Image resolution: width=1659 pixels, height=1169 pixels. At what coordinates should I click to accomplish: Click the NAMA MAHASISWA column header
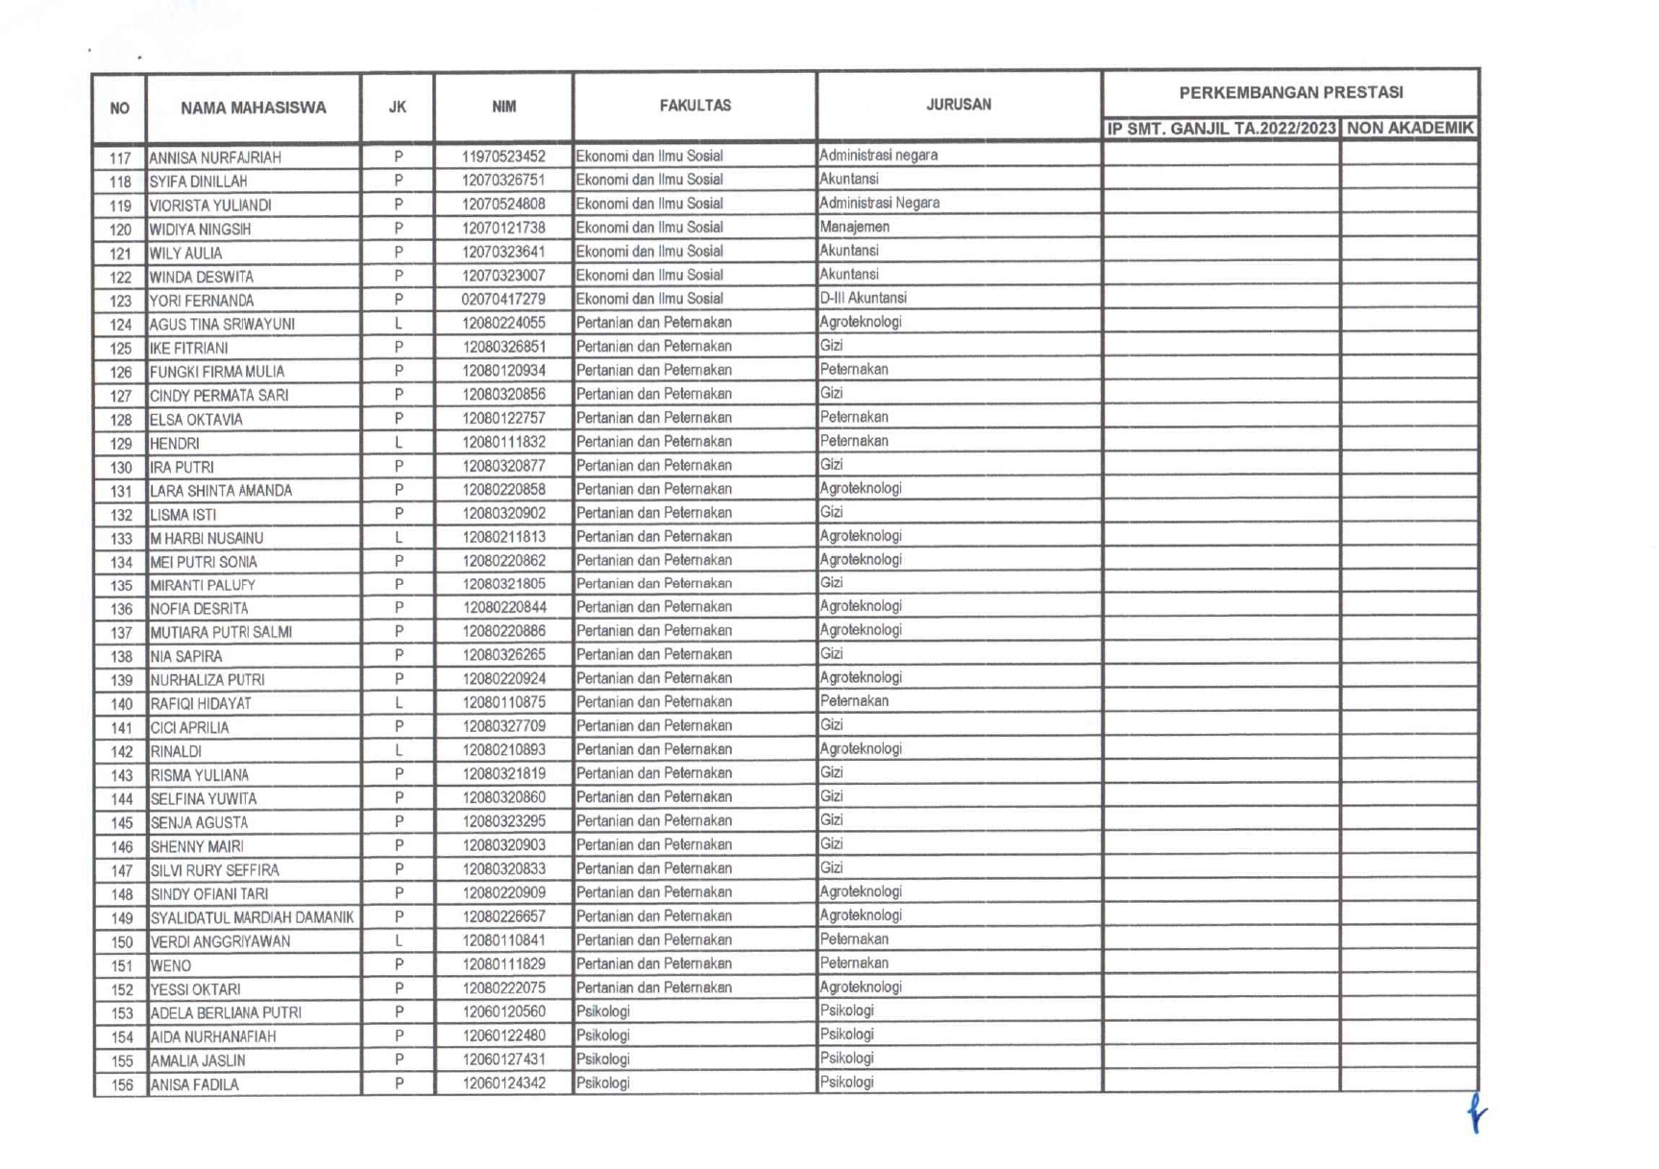[253, 108]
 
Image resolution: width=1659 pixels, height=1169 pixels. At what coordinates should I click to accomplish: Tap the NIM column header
[503, 107]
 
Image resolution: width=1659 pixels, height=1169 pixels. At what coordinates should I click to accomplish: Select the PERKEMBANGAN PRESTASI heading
[1290, 92]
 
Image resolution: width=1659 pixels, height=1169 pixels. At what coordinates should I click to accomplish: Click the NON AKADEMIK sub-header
[1409, 128]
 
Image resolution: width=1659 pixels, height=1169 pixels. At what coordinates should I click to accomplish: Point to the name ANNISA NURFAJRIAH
[214, 158]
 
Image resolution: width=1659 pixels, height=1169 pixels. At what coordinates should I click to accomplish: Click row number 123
[120, 301]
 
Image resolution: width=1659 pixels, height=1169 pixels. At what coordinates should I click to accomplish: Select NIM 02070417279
[503, 299]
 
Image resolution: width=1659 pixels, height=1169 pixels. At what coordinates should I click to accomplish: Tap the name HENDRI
[175, 444]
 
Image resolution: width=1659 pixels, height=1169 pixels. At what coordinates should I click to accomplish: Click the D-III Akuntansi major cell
[863, 298]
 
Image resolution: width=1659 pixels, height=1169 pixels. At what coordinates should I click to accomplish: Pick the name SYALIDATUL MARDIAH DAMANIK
[252, 917]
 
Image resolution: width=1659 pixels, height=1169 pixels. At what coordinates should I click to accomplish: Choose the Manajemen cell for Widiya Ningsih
[854, 227]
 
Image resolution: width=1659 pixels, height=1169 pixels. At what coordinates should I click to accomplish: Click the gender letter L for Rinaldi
[398, 750]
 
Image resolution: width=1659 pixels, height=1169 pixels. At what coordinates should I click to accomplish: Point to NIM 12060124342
[503, 1084]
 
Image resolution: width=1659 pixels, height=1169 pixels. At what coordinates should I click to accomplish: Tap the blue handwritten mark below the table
[1476, 1113]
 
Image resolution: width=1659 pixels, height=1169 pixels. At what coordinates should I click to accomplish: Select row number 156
[121, 1085]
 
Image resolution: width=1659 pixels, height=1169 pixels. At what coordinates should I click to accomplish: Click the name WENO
[171, 965]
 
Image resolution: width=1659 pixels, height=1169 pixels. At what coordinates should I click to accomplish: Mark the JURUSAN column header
[958, 104]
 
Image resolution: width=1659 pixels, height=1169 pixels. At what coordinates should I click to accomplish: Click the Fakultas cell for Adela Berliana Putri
[603, 1011]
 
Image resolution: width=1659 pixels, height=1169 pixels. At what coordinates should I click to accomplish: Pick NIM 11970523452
[503, 157]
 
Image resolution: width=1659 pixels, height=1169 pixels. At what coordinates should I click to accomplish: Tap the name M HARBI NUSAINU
[207, 538]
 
